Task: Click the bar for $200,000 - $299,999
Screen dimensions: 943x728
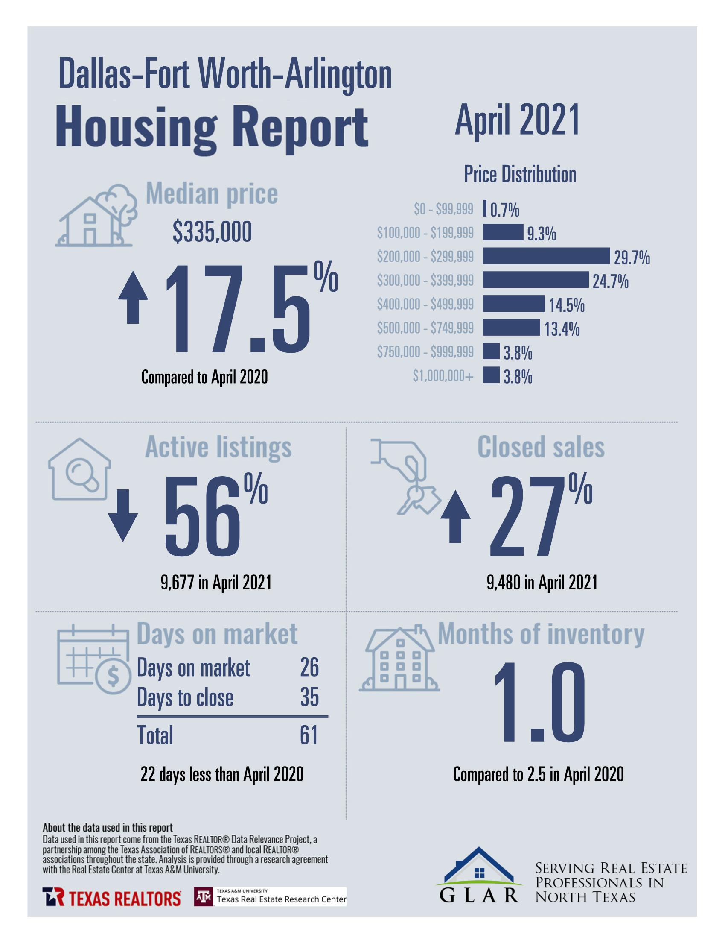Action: pyautogui.click(x=545, y=256)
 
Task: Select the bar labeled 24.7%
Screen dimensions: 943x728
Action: pyautogui.click(x=535, y=280)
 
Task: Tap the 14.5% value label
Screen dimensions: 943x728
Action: pyautogui.click(x=567, y=305)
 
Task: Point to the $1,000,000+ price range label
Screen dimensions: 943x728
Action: pyautogui.click(x=443, y=376)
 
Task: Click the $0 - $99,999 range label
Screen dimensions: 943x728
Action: pyautogui.click(x=443, y=209)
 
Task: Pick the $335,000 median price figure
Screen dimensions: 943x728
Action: pyautogui.click(x=212, y=233)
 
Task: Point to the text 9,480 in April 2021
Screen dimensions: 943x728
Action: pyautogui.click(x=542, y=583)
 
